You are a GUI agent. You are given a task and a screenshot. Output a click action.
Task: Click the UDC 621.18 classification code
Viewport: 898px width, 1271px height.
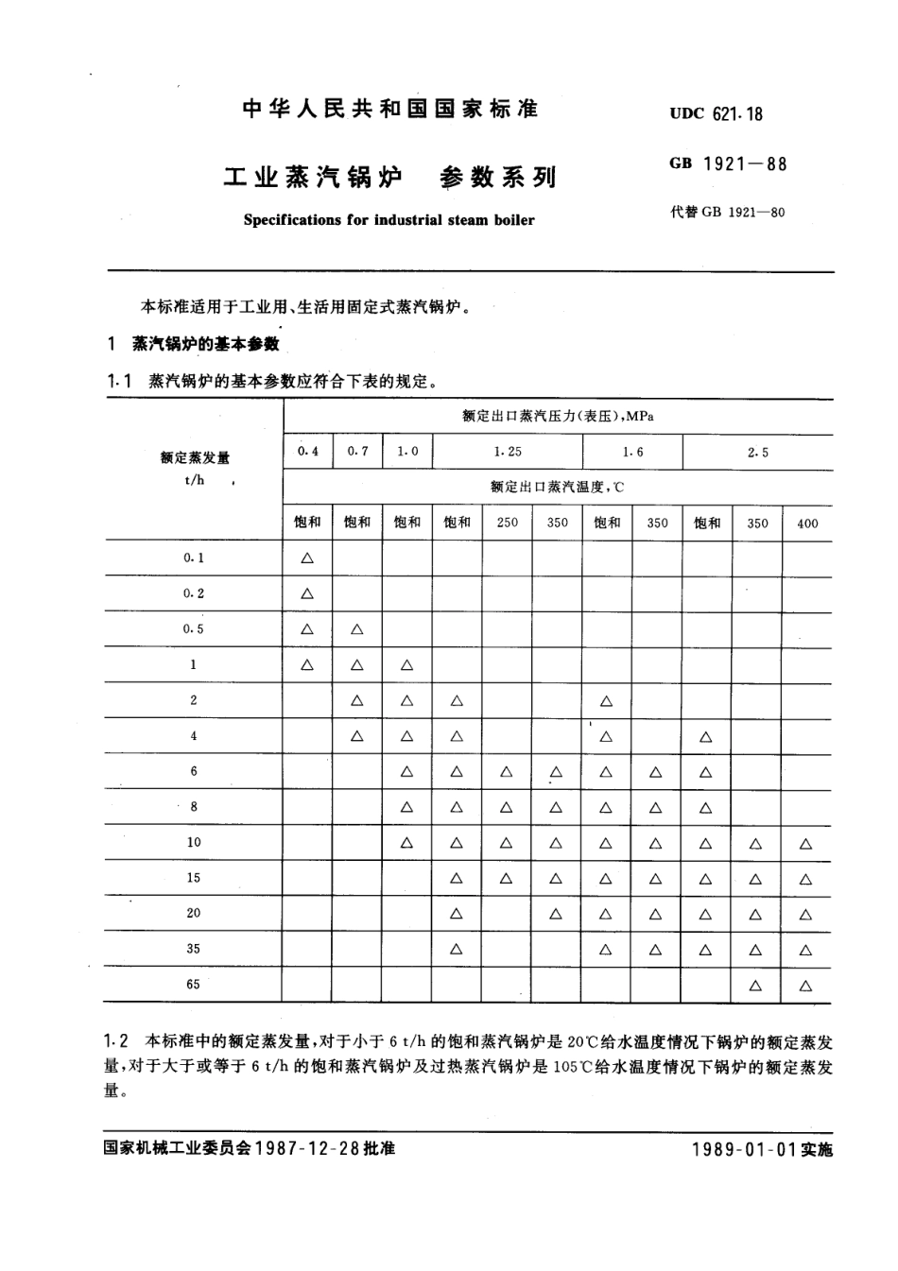716,113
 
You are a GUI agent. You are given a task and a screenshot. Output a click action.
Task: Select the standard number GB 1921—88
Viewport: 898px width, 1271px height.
727,163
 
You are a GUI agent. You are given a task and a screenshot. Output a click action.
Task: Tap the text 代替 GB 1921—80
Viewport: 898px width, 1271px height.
727,212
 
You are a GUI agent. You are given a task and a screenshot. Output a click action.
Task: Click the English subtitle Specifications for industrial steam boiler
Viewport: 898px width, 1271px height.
389,220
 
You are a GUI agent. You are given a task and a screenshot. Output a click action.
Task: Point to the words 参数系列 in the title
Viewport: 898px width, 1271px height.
498,177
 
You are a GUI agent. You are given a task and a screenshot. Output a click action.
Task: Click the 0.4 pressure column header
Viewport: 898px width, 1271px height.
307,452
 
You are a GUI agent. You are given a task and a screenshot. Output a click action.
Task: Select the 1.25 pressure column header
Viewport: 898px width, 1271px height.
508,452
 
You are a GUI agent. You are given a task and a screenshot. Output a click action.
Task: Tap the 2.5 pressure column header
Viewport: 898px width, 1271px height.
757,453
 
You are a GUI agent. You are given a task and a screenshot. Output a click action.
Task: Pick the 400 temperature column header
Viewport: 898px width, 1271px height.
807,523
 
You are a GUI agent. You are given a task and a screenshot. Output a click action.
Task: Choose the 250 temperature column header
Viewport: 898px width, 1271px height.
507,523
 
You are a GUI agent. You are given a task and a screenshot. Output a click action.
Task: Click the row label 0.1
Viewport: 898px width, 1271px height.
194,558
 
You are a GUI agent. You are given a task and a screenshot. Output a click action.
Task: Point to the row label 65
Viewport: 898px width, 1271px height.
194,985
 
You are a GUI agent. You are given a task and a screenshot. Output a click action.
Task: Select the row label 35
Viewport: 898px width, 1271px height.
194,949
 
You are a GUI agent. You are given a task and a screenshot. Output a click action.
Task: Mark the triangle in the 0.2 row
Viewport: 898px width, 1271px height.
307,594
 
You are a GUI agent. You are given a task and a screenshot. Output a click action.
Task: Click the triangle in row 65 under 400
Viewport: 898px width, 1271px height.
805,986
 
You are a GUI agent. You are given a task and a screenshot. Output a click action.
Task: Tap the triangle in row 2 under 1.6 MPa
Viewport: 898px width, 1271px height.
606,701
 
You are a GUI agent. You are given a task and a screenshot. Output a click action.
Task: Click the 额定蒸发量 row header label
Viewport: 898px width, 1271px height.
195,458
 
